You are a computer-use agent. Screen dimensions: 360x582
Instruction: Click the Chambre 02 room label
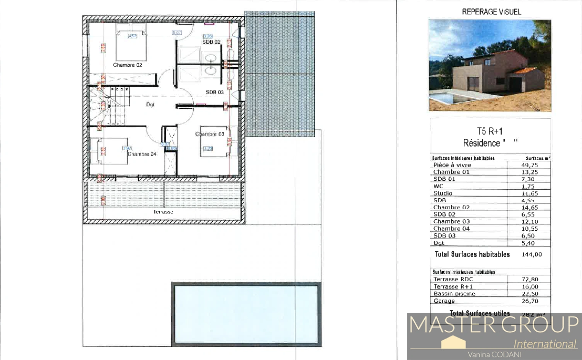127,65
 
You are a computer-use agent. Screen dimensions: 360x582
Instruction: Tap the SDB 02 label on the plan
211,42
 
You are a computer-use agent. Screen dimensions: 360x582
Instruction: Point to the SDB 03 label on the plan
214,92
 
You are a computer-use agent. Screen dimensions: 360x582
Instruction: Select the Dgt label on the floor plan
150,105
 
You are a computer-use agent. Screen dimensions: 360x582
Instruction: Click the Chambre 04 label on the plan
142,154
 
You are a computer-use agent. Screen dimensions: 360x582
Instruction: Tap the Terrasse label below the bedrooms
163,212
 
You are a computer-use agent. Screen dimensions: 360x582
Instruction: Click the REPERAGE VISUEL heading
491,12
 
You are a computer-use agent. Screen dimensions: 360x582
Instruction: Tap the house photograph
490,65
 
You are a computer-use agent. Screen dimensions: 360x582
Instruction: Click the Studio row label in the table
443,193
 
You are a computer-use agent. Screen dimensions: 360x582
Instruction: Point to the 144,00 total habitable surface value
532,255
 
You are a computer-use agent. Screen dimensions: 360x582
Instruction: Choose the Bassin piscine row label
454,294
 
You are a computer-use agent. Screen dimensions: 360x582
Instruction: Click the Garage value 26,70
530,301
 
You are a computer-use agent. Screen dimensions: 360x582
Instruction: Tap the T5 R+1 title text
489,131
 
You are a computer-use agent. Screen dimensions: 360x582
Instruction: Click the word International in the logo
545,344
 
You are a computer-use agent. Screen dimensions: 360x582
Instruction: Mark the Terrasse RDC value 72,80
530,279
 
